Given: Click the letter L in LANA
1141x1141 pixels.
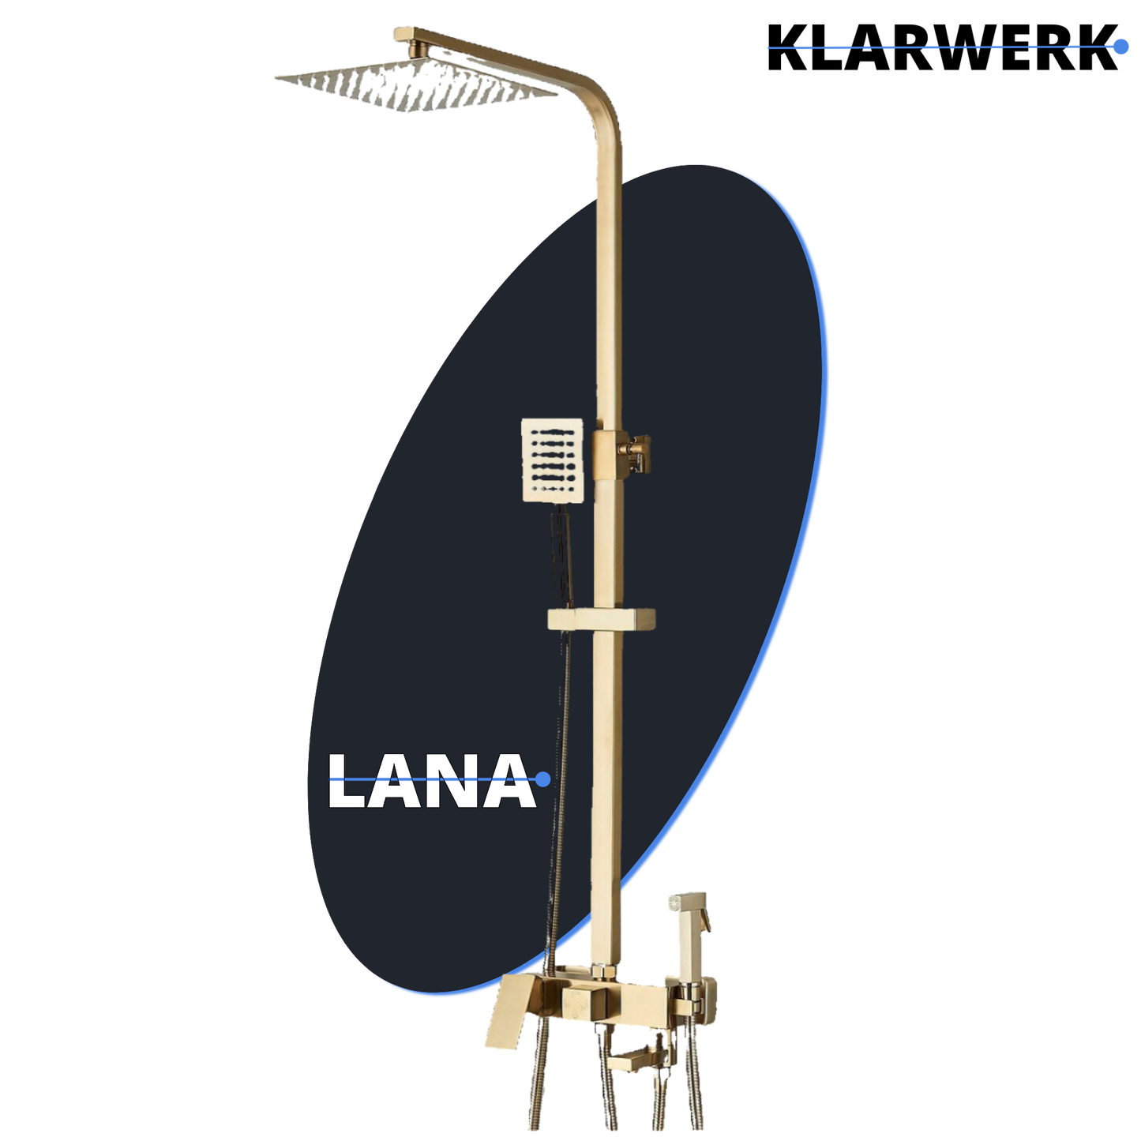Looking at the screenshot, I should coord(347,781).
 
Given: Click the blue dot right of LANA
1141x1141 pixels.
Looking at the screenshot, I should coord(542,779).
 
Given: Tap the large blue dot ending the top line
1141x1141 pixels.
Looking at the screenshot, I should coord(1119,47).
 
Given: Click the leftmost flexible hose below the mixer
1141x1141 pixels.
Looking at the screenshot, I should coord(540,1082).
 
